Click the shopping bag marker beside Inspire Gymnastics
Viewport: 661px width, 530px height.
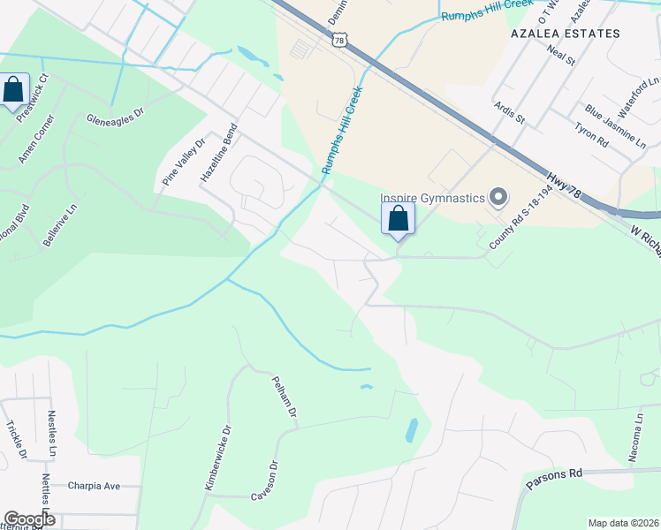tap(398, 217)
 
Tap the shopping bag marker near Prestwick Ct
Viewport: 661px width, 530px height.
tap(12, 89)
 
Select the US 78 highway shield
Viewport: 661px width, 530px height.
tap(340, 40)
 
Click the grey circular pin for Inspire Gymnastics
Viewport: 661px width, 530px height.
tap(498, 197)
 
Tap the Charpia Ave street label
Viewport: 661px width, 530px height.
tap(93, 486)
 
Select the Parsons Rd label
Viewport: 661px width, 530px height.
tap(555, 480)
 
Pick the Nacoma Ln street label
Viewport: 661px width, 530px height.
tap(635, 436)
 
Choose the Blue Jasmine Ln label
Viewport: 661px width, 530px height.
tap(616, 127)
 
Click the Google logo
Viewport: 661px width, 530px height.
tap(29, 519)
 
